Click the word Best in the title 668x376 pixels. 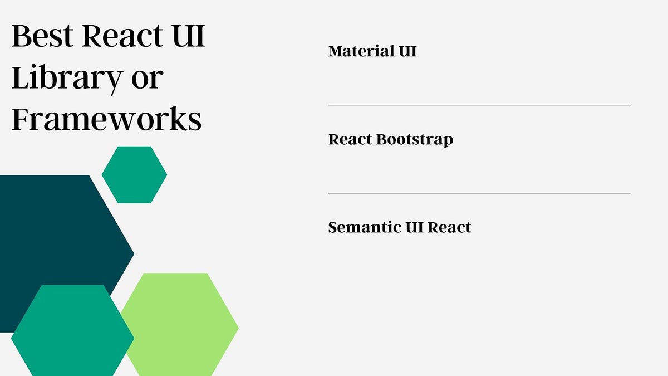coord(43,36)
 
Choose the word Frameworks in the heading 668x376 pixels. coord(106,119)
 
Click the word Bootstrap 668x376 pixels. coord(414,140)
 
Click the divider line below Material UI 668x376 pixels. coord(479,105)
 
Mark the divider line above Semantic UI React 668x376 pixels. coord(479,193)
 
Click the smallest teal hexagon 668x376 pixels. coord(134,174)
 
